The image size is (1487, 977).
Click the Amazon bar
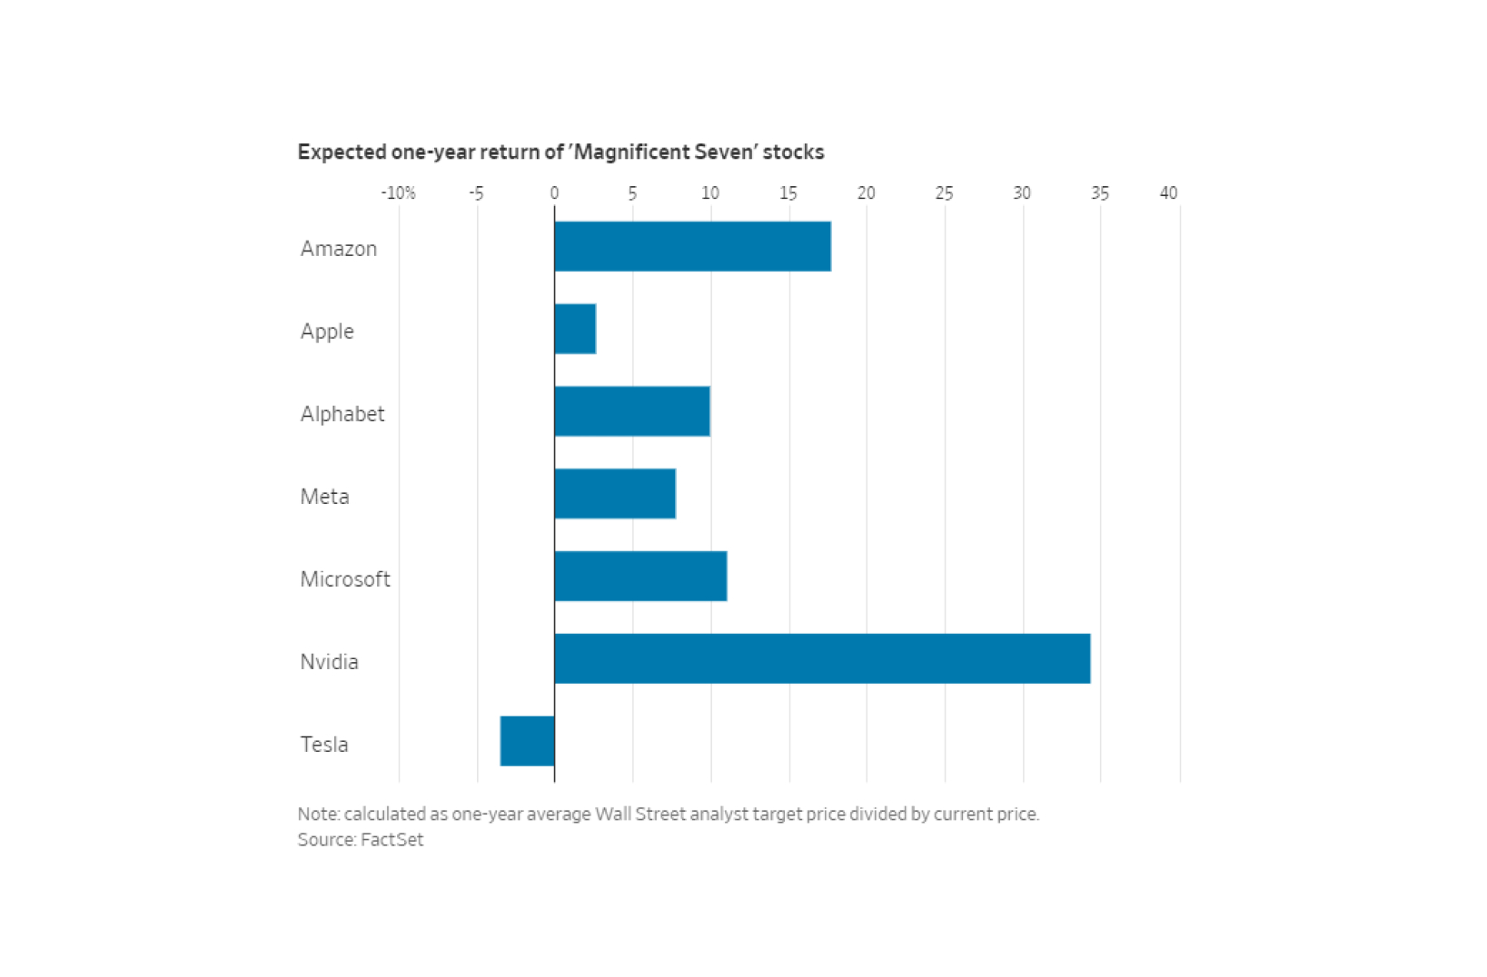tap(692, 246)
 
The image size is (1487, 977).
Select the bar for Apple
tap(575, 329)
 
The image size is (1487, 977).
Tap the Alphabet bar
tap(632, 411)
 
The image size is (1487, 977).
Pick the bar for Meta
tap(615, 494)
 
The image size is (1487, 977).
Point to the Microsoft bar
tap(640, 577)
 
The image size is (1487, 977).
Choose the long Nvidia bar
tap(822, 659)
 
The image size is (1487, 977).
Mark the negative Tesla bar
tap(528, 741)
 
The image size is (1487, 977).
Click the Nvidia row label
tap(329, 662)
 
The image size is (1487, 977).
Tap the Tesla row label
tap(324, 745)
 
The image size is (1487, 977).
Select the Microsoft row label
tap(345, 579)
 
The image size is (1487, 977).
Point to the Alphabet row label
tap(342, 414)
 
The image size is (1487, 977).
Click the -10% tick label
tap(398, 193)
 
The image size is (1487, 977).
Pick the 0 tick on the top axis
tap(554, 193)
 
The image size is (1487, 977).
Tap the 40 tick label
tap(1168, 193)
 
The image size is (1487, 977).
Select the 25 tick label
tap(944, 193)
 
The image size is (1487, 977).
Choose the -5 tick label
tap(476, 193)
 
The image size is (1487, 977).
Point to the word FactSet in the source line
tap(392, 840)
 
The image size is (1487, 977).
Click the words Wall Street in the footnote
tap(640, 814)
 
